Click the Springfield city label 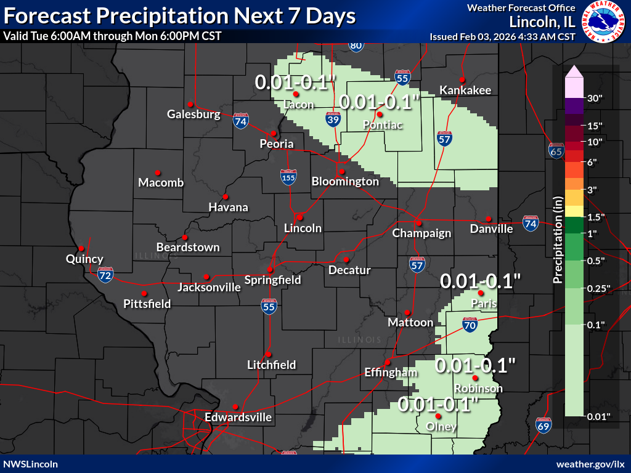(x=272, y=280)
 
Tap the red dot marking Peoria (x=273, y=133)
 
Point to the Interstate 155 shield (x=288, y=177)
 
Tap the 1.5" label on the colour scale (x=596, y=217)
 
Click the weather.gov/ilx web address (x=590, y=464)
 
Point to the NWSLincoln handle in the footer (x=31, y=464)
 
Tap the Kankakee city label (x=465, y=91)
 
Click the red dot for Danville (x=488, y=219)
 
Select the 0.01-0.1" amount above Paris (x=481, y=281)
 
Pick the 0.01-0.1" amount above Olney (x=438, y=405)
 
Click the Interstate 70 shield (x=470, y=325)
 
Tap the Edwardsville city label (x=238, y=418)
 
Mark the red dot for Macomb (x=157, y=172)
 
